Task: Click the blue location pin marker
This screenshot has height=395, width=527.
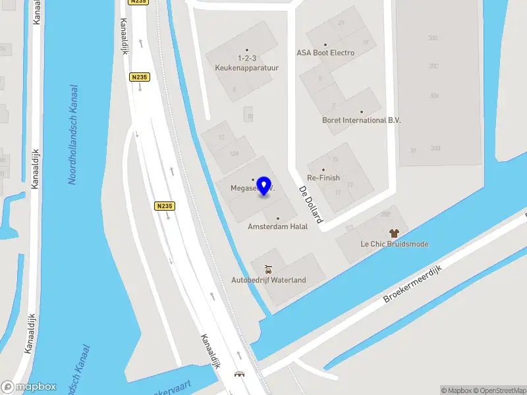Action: coord(265,186)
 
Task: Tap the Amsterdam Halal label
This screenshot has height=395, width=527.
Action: coord(277,226)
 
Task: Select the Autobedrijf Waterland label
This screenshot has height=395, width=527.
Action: coord(268,280)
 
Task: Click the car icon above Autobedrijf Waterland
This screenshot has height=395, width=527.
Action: coord(267,269)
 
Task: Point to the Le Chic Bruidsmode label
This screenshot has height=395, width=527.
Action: coord(394,244)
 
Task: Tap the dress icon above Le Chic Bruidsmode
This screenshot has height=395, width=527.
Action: coord(394,233)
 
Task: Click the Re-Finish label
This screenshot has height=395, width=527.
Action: coord(323,178)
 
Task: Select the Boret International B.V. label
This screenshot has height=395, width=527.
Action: coord(361,120)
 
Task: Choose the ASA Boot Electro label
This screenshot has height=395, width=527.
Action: coord(325,53)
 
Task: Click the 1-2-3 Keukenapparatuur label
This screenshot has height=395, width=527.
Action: coord(248,63)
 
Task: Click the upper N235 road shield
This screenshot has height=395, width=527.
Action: coord(139,77)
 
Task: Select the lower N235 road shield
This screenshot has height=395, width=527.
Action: coord(165,206)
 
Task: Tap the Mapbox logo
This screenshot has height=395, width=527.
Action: coord(29,386)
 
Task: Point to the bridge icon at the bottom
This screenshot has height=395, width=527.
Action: coord(239,374)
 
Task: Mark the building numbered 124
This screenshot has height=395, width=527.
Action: coord(234,153)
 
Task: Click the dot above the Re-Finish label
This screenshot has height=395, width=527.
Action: coord(323,170)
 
